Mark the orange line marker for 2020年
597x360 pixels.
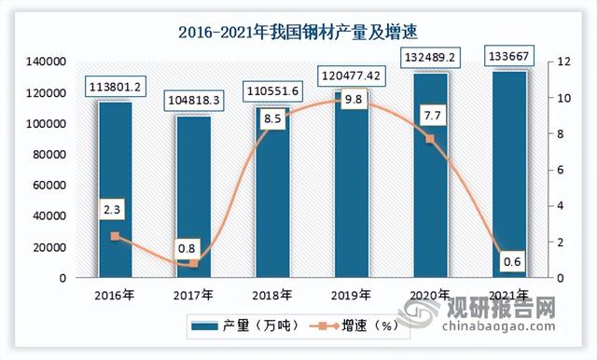[x=429, y=139]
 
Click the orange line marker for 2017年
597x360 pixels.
[x=193, y=263]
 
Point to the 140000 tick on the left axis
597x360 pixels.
[x=45, y=62]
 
